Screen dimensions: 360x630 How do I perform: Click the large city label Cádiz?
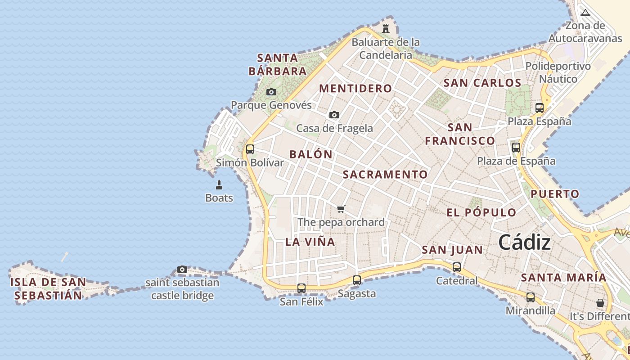pyautogui.click(x=524, y=243)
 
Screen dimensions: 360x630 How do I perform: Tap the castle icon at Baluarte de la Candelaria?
pyautogui.click(x=386, y=28)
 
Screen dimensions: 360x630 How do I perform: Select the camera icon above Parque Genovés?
pyautogui.click(x=271, y=92)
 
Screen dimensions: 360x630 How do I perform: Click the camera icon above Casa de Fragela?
pyautogui.click(x=334, y=115)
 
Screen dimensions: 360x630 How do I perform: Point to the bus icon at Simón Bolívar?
pyautogui.click(x=250, y=149)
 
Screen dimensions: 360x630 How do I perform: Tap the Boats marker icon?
pyautogui.click(x=219, y=184)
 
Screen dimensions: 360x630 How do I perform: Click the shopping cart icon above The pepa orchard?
pyautogui.click(x=341, y=209)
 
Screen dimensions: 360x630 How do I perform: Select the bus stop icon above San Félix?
pyautogui.click(x=301, y=288)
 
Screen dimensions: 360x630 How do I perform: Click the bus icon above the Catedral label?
pyautogui.click(x=457, y=267)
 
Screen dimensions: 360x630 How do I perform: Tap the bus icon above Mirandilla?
pyautogui.click(x=531, y=297)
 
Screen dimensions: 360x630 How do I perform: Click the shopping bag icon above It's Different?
pyautogui.click(x=600, y=303)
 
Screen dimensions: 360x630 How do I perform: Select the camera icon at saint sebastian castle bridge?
pyautogui.click(x=182, y=270)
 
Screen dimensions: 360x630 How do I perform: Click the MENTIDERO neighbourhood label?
pyautogui.click(x=355, y=88)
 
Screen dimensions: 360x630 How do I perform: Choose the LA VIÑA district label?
pyautogui.click(x=310, y=242)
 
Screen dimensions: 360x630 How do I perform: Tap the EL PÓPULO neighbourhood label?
pyautogui.click(x=481, y=213)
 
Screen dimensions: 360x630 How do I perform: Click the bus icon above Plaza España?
pyautogui.click(x=539, y=108)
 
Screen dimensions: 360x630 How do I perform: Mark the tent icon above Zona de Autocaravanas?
pyautogui.click(x=585, y=13)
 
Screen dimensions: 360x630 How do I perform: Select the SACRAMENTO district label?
pyautogui.click(x=385, y=175)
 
